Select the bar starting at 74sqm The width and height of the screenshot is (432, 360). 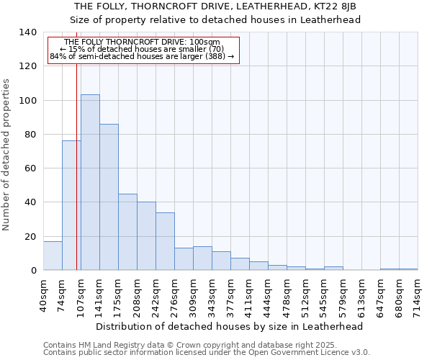(71, 205)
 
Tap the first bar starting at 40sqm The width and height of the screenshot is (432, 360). (53, 256)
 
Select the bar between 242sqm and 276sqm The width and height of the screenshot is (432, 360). (165, 241)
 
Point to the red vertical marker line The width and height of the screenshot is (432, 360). (76, 180)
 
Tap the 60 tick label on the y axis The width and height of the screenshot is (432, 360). (30, 168)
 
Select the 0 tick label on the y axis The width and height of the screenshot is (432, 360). (33, 271)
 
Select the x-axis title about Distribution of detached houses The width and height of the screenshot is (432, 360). (229, 326)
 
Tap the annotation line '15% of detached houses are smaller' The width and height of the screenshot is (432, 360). (142, 49)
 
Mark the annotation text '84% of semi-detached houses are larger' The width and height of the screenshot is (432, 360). (142, 56)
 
